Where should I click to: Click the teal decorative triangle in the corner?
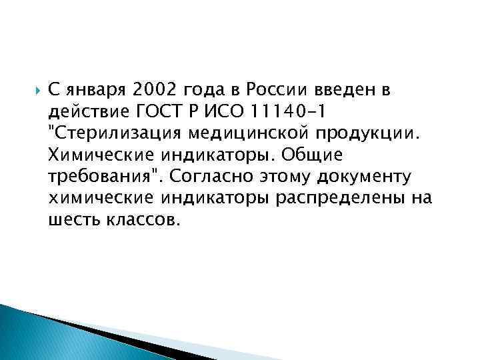point(33,337)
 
